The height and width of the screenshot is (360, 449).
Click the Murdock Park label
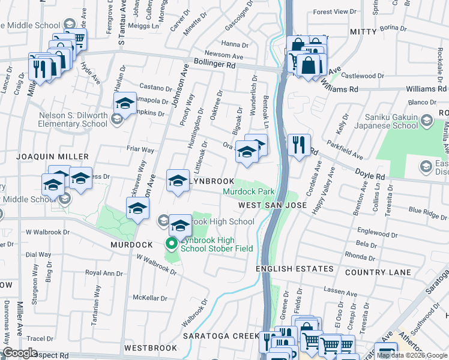tap(249, 192)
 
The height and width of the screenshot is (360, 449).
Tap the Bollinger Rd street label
tap(214, 62)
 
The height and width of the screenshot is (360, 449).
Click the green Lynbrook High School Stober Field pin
tap(171, 244)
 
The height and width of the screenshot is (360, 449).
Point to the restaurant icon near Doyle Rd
tap(298, 145)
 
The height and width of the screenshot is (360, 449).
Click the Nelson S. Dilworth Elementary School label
tap(73, 120)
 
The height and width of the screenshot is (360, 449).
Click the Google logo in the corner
tap(20, 353)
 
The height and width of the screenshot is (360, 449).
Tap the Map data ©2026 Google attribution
tap(412, 356)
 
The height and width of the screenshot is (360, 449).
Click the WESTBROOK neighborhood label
tap(151, 348)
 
